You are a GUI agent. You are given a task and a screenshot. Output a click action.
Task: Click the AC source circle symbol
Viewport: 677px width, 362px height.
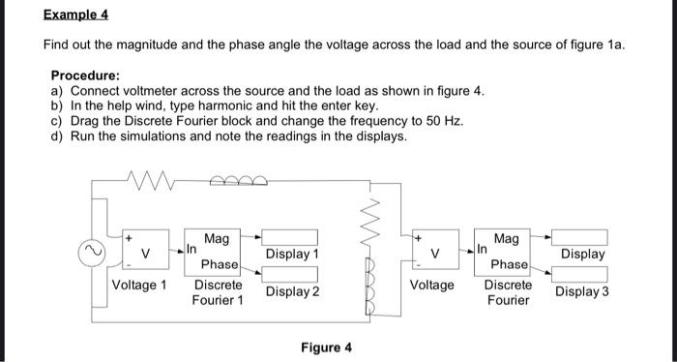click(92, 253)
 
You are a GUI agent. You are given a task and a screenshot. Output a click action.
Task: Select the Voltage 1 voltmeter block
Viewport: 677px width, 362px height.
click(146, 250)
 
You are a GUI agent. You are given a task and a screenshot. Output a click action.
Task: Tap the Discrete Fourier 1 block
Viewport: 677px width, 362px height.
click(213, 253)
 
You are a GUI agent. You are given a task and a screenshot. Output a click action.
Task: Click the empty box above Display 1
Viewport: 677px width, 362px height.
click(290, 237)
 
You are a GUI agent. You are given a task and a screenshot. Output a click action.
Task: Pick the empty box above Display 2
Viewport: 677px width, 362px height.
click(290, 274)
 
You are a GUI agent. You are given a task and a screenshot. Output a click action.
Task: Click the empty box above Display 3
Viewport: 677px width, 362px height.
click(579, 274)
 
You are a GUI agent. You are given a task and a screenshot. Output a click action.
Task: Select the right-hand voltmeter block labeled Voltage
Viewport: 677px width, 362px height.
click(435, 250)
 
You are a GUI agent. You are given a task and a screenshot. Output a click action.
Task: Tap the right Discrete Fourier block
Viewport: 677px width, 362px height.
click(502, 253)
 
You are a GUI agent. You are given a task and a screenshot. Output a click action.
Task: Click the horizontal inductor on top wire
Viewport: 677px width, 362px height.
click(238, 181)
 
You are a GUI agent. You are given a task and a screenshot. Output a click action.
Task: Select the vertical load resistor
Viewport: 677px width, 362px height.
click(370, 223)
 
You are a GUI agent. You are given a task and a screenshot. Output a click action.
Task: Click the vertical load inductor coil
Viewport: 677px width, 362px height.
click(370, 287)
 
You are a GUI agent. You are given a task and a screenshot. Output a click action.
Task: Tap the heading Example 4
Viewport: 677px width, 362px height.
click(75, 15)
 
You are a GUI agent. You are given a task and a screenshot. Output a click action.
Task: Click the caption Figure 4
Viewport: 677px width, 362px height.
click(327, 347)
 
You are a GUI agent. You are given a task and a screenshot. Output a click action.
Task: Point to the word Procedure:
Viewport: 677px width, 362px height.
click(85, 75)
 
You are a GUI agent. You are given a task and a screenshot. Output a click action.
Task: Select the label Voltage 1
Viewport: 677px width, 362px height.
click(139, 286)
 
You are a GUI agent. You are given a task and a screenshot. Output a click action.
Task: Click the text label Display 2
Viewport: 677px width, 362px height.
click(293, 291)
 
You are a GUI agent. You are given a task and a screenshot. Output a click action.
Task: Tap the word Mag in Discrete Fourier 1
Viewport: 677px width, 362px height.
click(217, 238)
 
